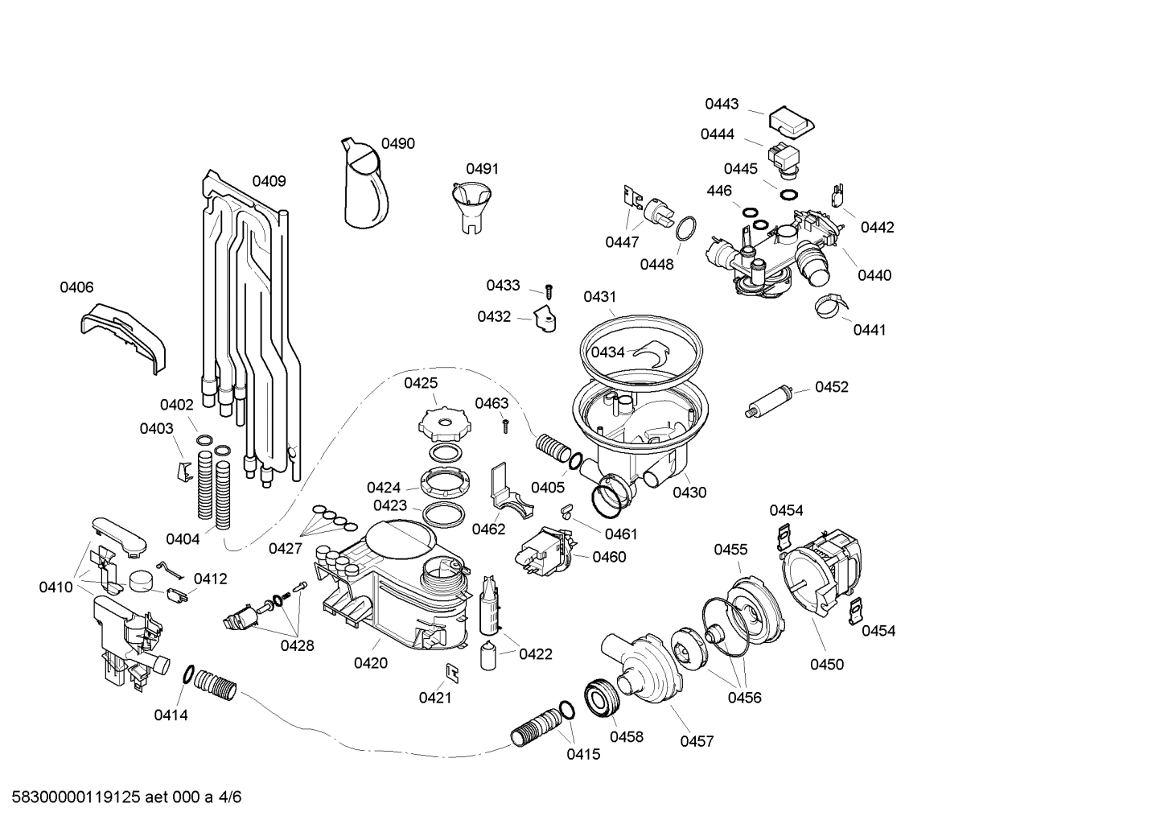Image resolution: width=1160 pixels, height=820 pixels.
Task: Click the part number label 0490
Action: click(397, 144)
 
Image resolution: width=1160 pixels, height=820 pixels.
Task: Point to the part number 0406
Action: click(76, 287)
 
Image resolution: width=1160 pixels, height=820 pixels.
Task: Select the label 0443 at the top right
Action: click(722, 104)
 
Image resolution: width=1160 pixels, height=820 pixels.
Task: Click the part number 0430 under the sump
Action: click(689, 492)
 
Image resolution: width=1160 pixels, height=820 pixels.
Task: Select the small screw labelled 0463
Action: click(505, 425)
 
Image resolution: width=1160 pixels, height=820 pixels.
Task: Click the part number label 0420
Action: click(370, 663)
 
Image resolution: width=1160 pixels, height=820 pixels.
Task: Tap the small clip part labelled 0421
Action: click(452, 671)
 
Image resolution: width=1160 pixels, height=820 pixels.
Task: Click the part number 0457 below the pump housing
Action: click(697, 741)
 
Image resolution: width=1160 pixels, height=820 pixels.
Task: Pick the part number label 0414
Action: click(171, 715)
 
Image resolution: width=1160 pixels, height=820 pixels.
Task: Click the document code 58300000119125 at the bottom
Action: click(72, 797)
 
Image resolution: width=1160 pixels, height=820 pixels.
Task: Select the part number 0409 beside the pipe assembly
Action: click(269, 181)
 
